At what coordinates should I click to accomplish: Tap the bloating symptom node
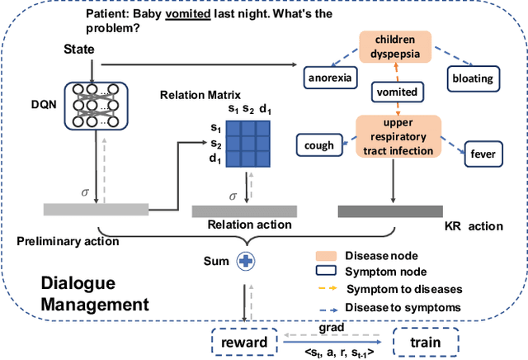(472, 79)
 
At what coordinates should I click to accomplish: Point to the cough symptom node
(319, 145)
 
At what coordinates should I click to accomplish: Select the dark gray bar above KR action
(390, 211)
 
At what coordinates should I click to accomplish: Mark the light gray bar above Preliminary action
(96, 209)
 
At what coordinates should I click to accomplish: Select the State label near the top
(79, 50)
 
